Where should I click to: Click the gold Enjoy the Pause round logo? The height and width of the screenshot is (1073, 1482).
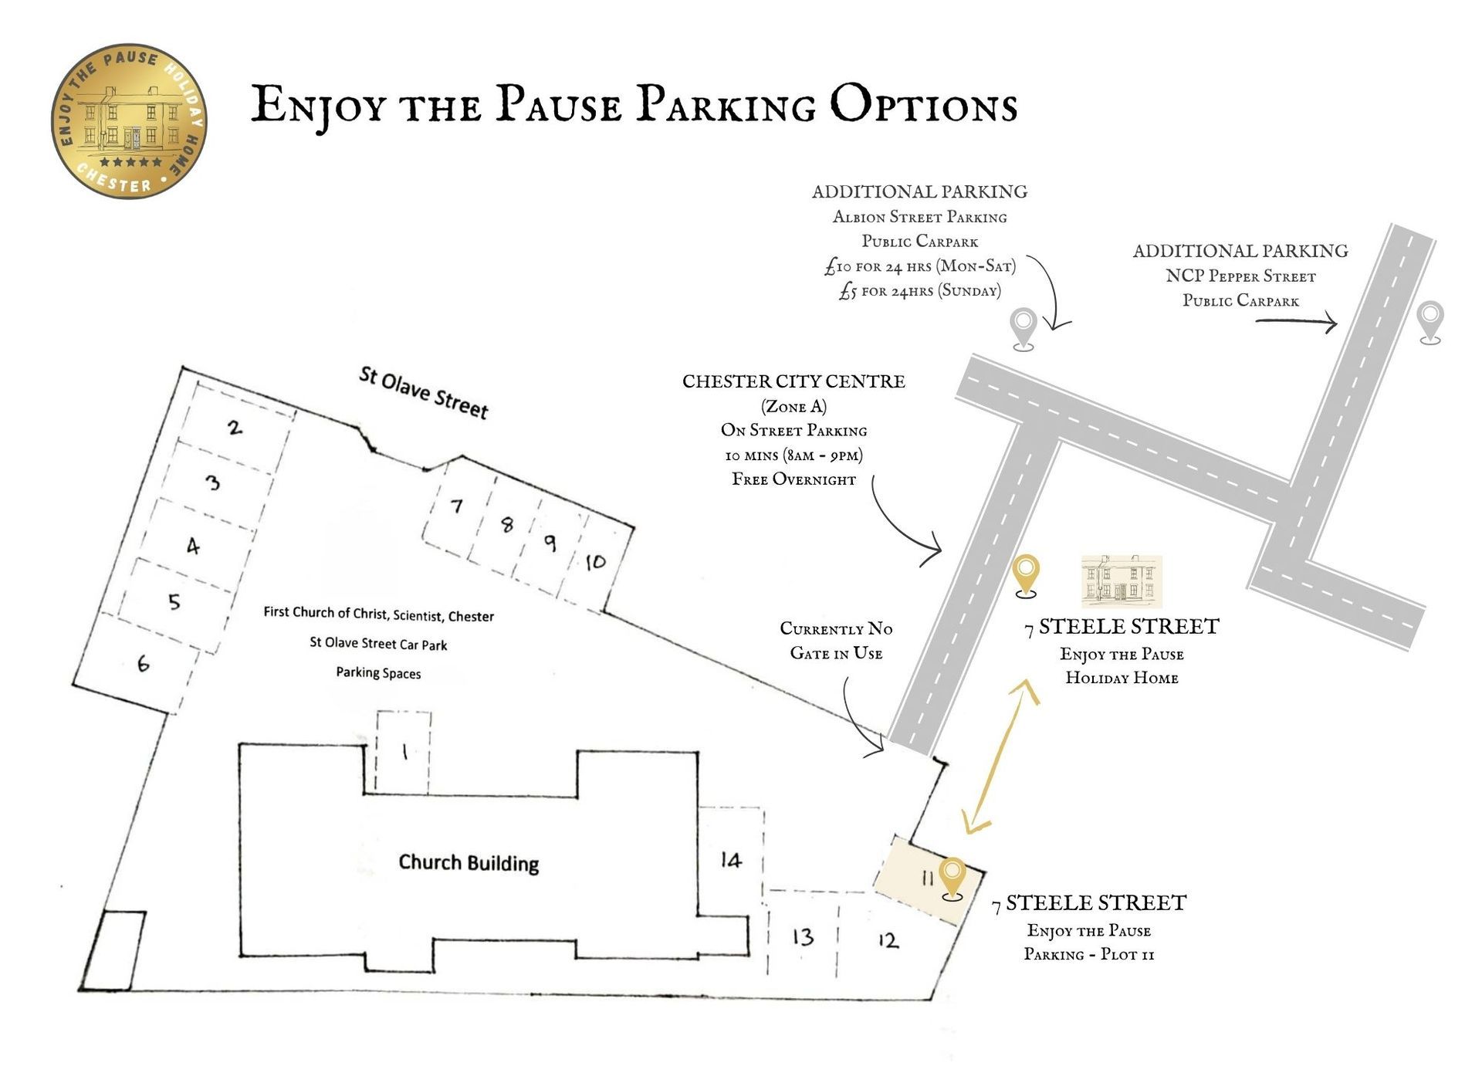point(129,121)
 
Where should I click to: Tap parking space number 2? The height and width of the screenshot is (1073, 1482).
point(235,427)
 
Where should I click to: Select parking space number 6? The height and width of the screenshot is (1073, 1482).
point(143,663)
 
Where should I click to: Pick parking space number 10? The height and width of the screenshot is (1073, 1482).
point(595,562)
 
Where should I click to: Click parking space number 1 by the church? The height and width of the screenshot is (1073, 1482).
point(404,751)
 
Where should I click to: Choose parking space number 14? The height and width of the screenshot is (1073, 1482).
point(730,859)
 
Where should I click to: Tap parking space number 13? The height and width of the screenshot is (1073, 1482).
point(803,936)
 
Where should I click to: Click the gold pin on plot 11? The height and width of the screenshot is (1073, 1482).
point(952,878)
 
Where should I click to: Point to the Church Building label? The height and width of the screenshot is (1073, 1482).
point(469,862)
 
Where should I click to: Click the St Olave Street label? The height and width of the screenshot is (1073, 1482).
point(424,392)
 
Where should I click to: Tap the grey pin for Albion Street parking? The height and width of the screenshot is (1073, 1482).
point(1024,328)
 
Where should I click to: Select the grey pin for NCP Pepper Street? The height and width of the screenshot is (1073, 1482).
point(1430,321)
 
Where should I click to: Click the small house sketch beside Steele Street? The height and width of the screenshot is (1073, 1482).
point(1121,581)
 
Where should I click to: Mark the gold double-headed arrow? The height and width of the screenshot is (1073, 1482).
point(1001,757)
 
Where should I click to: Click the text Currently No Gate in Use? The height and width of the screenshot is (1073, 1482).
point(836,641)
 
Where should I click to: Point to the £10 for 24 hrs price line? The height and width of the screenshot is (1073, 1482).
point(920,266)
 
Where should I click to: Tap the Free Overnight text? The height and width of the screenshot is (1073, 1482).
point(793,479)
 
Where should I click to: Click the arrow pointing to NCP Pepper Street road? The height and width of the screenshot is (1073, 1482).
point(1296,322)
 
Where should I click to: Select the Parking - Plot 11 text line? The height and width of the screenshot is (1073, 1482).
point(1088,954)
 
